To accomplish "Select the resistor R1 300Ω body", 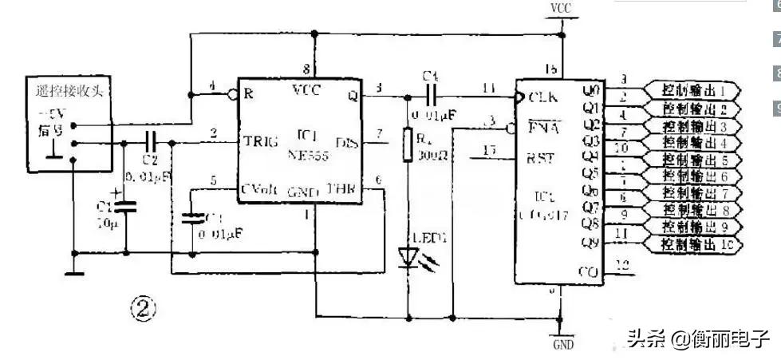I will (x=408, y=148).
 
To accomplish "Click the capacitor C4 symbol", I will (x=432, y=94).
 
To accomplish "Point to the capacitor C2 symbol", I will (x=151, y=143).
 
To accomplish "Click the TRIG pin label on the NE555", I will (x=261, y=142).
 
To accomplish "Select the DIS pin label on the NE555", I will (x=346, y=143).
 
